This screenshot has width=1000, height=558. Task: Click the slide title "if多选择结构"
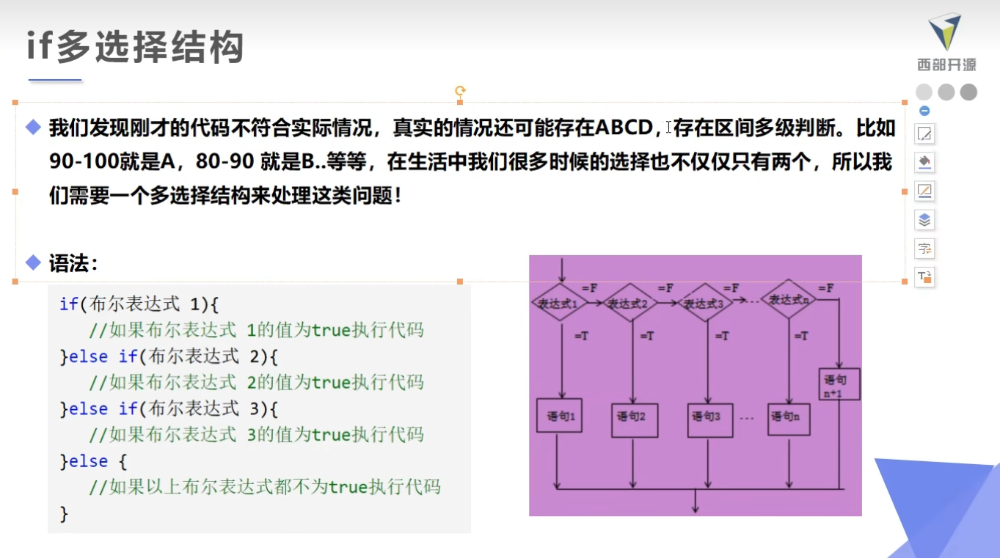click(x=135, y=48)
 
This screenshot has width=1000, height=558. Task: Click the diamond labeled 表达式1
click(x=559, y=302)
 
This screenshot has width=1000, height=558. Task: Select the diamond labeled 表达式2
click(x=629, y=302)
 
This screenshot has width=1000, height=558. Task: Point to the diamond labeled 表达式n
click(x=788, y=299)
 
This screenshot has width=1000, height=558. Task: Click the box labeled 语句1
click(x=560, y=415)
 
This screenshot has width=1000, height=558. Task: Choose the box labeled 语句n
click(x=788, y=418)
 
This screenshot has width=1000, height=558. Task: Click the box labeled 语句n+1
click(x=839, y=383)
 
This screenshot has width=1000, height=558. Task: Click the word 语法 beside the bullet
click(x=72, y=263)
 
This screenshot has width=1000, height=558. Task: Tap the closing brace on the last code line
click(x=64, y=513)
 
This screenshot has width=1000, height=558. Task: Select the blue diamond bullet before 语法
click(x=33, y=262)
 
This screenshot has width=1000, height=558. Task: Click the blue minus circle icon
click(x=924, y=111)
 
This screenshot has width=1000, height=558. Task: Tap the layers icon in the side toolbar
click(x=924, y=219)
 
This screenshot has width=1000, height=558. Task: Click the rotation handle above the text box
click(x=460, y=91)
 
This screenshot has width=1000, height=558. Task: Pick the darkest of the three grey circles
click(x=968, y=92)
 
